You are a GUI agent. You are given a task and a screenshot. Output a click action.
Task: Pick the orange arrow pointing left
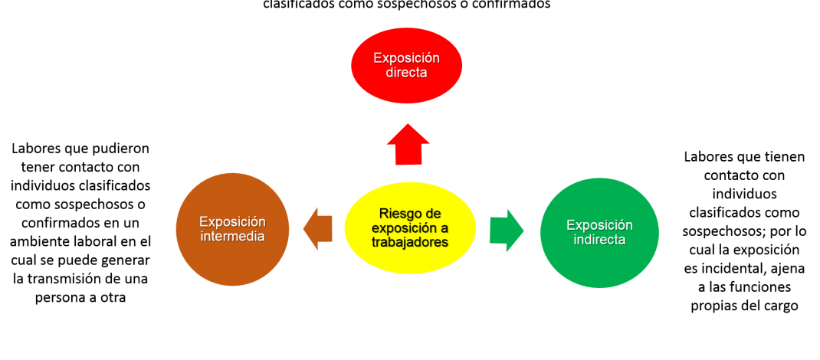(318, 228)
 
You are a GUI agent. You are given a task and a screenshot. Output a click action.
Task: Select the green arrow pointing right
(505, 230)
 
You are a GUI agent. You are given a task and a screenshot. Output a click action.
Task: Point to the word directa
(406, 73)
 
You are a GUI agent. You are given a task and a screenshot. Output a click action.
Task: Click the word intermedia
(232, 236)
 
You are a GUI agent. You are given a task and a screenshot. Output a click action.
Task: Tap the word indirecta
(599, 240)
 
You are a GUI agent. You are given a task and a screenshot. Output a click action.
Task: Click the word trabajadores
(410, 242)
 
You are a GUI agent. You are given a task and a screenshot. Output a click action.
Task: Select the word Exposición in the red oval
(406, 58)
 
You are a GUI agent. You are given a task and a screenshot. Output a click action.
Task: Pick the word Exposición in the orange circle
(232, 221)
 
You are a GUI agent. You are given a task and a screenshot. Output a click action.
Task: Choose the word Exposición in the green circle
(599, 225)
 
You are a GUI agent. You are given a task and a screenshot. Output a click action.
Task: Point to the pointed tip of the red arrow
(408, 124)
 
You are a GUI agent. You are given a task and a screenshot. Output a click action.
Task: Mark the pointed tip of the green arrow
(524, 230)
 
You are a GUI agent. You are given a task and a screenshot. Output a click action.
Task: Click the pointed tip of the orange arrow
(303, 228)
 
